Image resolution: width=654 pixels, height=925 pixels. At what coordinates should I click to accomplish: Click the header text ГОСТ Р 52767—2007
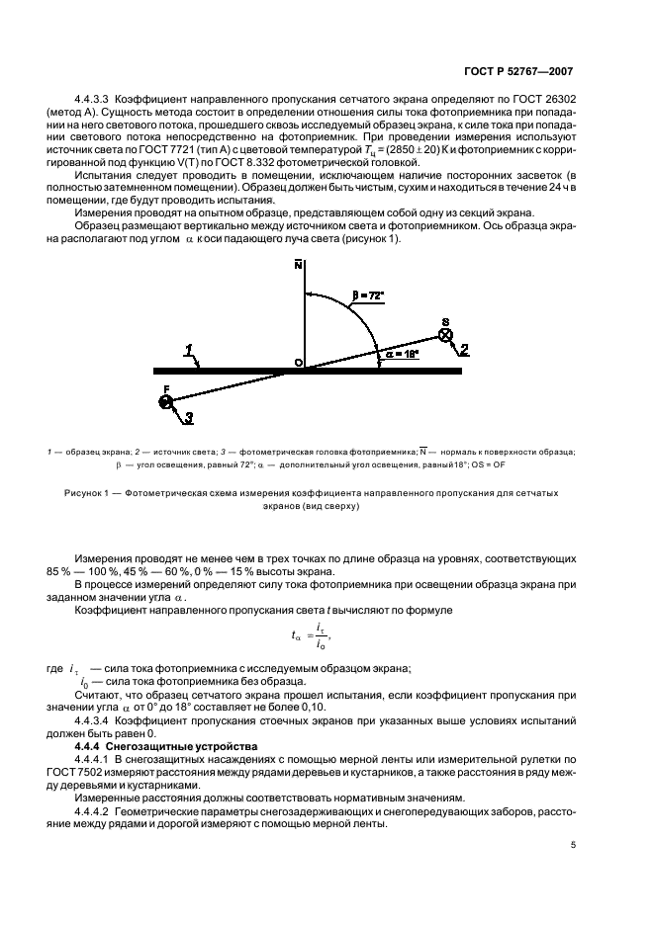pos(520,72)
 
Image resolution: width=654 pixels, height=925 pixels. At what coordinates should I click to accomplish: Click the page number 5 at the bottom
pos(573,845)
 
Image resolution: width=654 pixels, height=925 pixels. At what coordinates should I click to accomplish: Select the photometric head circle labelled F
pos(165,401)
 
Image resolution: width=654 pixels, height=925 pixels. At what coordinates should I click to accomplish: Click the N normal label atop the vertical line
pos(297,264)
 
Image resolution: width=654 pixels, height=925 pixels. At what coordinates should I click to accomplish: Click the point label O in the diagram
pos(296,363)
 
